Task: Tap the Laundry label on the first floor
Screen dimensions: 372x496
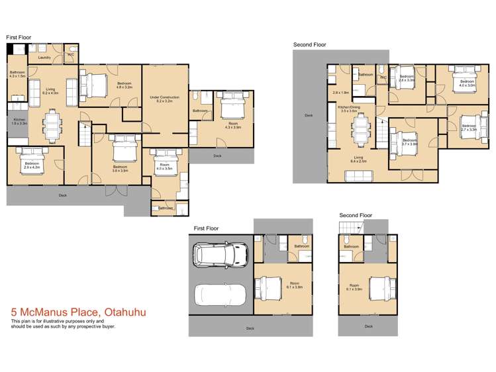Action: pyautogui.click(x=44, y=58)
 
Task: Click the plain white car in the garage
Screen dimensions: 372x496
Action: pyautogui.click(x=220, y=294)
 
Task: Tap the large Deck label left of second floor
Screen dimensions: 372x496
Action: pyautogui.click(x=309, y=115)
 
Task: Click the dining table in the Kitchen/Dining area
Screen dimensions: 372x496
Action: pyautogui.click(x=361, y=130)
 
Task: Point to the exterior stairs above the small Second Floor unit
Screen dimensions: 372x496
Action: pyautogui.click(x=349, y=229)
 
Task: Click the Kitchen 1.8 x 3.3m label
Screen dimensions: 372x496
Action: pyautogui.click(x=19, y=122)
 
